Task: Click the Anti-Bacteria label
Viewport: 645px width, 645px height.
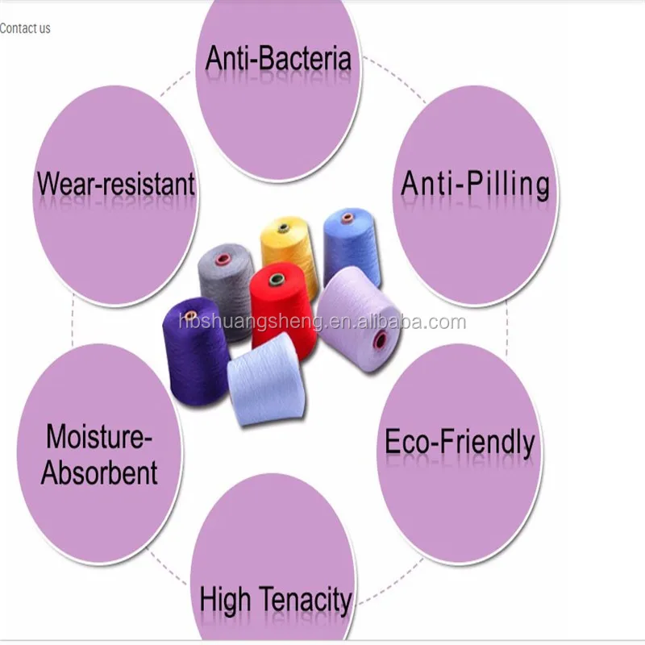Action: [x=278, y=58]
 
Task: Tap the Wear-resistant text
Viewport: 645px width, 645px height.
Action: [x=115, y=184]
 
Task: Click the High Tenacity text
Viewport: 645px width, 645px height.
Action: [x=276, y=600]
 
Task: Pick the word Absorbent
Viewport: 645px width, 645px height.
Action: [x=100, y=472]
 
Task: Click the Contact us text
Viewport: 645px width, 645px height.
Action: [x=25, y=28]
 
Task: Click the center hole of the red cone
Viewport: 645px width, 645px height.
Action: [x=275, y=280]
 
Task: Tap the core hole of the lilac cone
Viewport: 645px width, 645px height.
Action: [x=378, y=339]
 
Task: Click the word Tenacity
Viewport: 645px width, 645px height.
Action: [x=310, y=600]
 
